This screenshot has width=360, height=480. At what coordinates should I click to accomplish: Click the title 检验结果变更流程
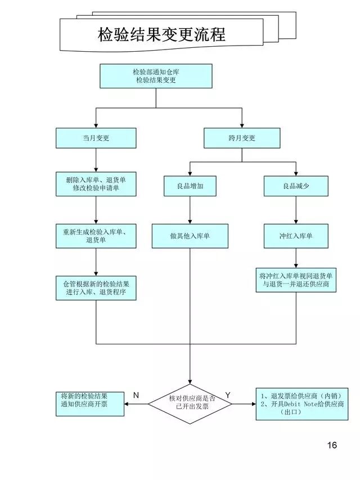pos(161,35)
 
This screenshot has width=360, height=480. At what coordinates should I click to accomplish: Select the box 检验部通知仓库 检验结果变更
pos(156,76)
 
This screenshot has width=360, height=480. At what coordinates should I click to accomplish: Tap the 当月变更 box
pos(96,138)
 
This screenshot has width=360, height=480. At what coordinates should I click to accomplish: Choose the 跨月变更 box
pos(242,138)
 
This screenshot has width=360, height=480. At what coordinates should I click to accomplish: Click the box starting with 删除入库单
pos(96,184)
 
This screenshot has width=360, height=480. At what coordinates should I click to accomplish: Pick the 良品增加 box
pos(190,186)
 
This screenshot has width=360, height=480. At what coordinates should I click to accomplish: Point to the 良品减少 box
pos(296,186)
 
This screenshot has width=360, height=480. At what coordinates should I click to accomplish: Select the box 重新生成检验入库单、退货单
pos(96,236)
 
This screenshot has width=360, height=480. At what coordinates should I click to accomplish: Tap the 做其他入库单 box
pos(190,236)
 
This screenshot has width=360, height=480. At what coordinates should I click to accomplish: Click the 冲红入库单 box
pos(296,236)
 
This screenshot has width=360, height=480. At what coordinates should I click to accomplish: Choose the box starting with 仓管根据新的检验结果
pos(96,288)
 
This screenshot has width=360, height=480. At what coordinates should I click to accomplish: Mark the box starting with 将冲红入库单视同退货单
pos(296,280)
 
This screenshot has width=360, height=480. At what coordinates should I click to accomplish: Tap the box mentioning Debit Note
pos(301,403)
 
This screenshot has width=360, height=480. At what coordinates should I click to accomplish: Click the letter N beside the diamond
pos(136,396)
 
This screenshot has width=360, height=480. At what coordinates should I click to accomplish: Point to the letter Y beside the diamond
pos(228,396)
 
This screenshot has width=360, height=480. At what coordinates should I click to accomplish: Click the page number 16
pos(332,445)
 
